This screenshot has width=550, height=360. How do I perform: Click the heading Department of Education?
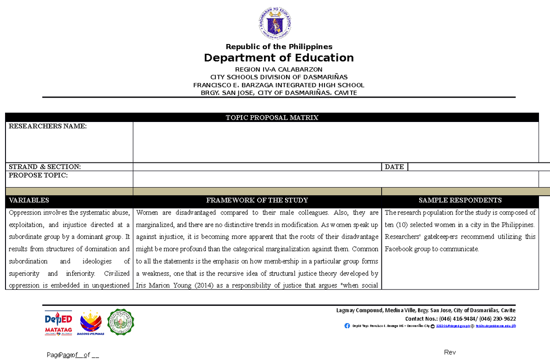[279, 58]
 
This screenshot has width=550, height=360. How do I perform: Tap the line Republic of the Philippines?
[279, 47]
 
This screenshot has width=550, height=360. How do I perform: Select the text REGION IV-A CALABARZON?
[279, 69]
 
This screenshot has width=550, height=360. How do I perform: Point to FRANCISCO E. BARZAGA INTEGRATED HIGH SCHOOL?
[279, 85]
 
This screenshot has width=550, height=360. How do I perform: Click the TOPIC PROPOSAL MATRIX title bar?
[272, 117]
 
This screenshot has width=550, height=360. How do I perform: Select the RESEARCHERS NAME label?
[47, 127]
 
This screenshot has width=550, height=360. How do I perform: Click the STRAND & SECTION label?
[45, 167]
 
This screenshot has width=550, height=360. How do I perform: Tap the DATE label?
[394, 167]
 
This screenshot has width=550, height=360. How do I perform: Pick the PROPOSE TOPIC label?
[38, 176]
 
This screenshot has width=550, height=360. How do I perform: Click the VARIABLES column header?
[28, 200]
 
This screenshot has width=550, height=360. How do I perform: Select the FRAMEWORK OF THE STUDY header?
[257, 200]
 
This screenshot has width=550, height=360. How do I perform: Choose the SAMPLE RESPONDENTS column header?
[460, 200]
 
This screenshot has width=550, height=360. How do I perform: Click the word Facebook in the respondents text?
[399, 249]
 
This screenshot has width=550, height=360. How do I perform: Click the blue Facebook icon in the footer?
[347, 326]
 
